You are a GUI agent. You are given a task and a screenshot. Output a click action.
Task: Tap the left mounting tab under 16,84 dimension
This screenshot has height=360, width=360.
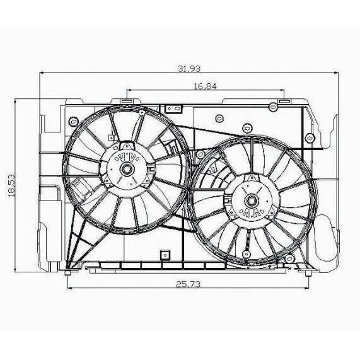click(126, 101)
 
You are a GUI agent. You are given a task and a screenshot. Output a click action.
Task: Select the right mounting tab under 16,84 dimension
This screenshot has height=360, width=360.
click(283, 101)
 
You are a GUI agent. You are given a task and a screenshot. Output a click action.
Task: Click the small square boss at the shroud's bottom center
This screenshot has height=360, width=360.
click(165, 255)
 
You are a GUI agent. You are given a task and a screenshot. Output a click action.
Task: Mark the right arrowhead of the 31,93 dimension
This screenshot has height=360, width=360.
click(337, 73)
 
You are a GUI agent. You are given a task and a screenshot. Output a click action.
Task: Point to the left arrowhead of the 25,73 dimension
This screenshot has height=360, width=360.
click(69, 289)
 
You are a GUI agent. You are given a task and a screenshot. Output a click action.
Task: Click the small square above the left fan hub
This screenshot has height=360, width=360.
click(111, 135)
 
